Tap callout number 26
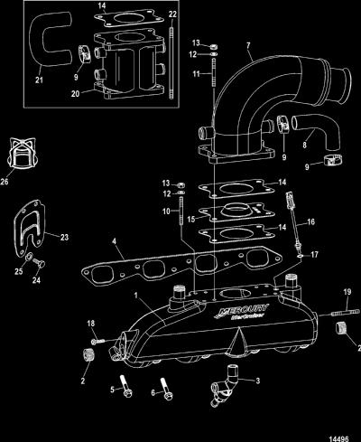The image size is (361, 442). (5, 182)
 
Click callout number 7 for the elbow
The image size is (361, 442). (248, 46)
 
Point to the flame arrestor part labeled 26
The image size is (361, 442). (23, 153)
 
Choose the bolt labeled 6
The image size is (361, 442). (166, 389)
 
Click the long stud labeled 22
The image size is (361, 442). (171, 62)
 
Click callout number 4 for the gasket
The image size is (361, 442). (114, 241)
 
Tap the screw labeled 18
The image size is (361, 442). (98, 341)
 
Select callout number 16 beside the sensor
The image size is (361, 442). (310, 222)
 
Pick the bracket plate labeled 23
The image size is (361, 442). (29, 229)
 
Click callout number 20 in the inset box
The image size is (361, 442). (75, 94)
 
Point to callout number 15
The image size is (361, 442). (191, 219)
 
